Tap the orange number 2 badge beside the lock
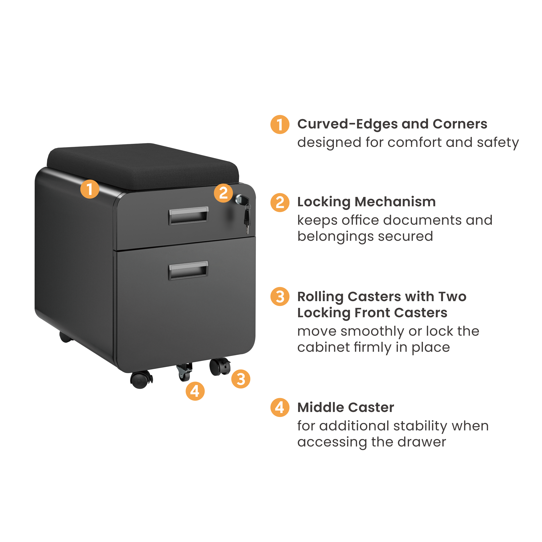click(223, 193)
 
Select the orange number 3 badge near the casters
click(241, 379)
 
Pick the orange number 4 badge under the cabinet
click(195, 391)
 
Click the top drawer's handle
click(188, 216)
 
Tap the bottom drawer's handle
click(188, 270)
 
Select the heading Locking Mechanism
click(366, 202)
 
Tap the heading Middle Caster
click(346, 408)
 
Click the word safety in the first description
click(498, 143)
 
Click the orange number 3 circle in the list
click(280, 296)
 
